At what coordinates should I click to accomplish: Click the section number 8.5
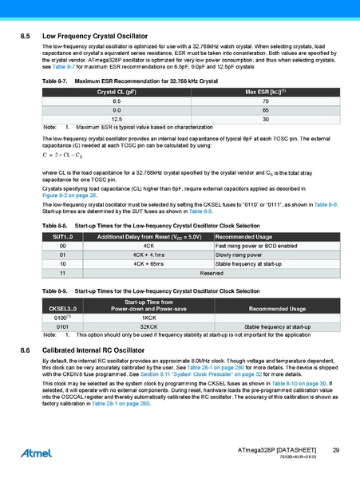(25, 37)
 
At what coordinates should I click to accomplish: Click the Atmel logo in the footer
(30, 455)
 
